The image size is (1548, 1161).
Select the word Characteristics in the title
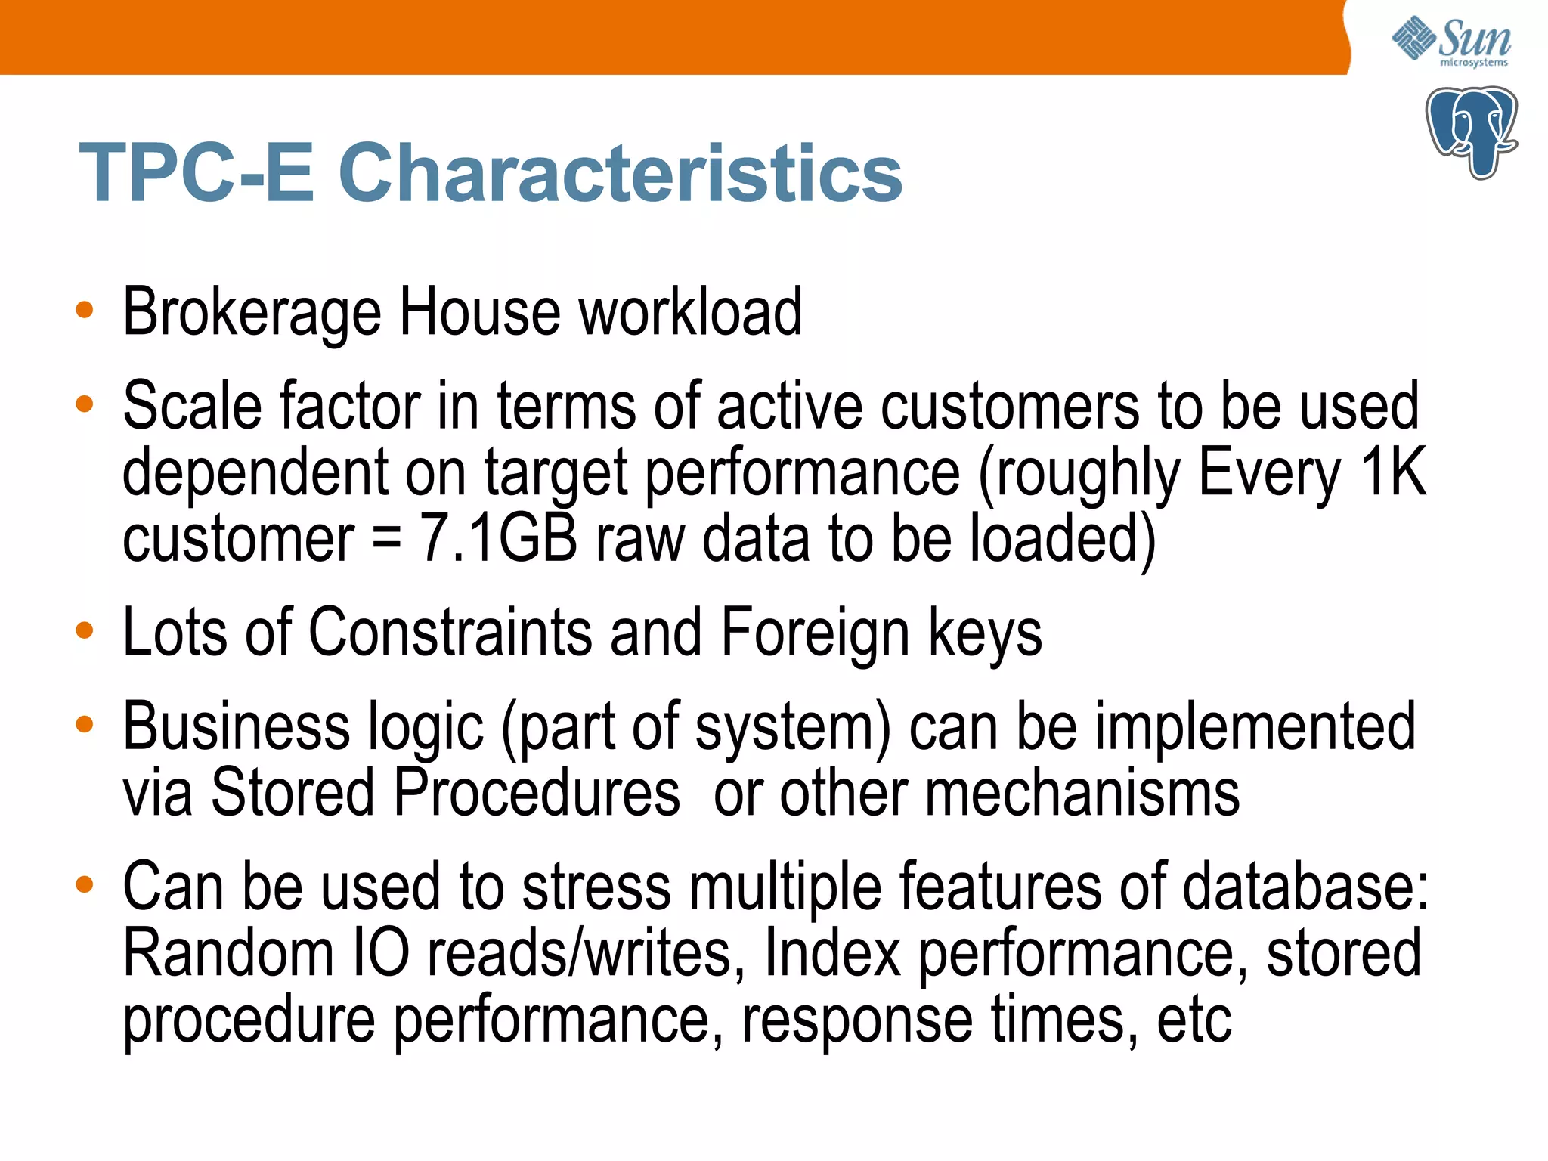(620, 173)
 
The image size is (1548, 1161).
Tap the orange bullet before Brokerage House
(85, 310)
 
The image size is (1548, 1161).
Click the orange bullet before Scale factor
(85, 404)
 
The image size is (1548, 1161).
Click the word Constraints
(450, 632)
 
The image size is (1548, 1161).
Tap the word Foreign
(815, 632)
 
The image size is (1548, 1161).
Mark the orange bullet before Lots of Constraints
(85, 630)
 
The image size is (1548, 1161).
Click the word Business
(236, 726)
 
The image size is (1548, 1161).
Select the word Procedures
(537, 793)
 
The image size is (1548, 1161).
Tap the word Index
(832, 953)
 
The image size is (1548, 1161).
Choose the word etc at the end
(1194, 1020)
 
